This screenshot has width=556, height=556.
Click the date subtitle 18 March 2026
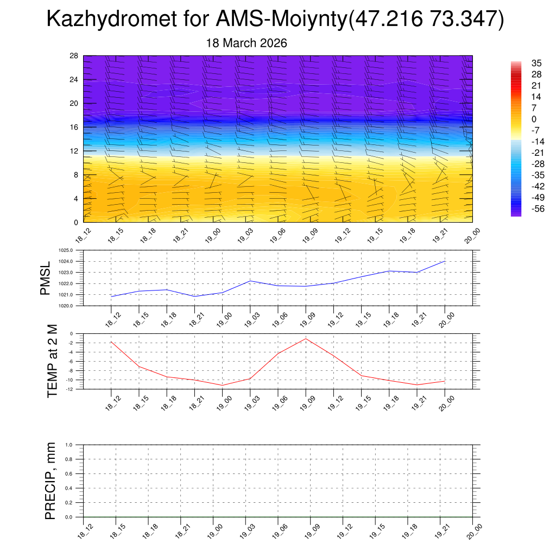click(247, 43)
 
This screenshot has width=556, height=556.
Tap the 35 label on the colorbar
click(521, 63)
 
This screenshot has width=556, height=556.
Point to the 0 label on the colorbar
click(519, 119)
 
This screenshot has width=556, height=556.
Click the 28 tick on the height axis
click(74, 56)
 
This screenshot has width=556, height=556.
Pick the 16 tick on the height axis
click(74, 127)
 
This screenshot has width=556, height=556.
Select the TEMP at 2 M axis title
click(52, 361)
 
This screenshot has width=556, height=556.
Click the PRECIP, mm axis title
click(50, 481)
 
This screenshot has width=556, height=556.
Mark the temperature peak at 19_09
click(306, 339)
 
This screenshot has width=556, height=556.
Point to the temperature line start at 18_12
click(111, 342)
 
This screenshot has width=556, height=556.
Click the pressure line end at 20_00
click(445, 261)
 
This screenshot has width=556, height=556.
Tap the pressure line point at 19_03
click(250, 281)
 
